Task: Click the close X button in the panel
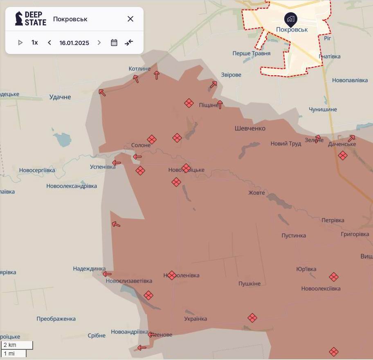[130, 19]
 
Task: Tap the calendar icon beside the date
[114, 43]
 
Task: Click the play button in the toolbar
[20, 43]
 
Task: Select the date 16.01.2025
[74, 43]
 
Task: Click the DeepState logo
[31, 19]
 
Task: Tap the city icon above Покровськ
[291, 19]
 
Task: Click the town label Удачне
[60, 97]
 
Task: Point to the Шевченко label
[250, 128]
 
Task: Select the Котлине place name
[139, 69]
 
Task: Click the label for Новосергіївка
[37, 170]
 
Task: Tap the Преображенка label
[56, 319]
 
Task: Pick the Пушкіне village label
[249, 283]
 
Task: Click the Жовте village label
[257, 193]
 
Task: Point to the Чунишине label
[323, 110]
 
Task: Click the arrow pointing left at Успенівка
[117, 163]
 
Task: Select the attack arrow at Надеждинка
[107, 274]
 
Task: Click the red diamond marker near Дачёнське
[343, 155]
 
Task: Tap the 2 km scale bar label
[10, 345]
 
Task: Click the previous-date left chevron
[49, 43]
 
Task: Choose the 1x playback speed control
[35, 43]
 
